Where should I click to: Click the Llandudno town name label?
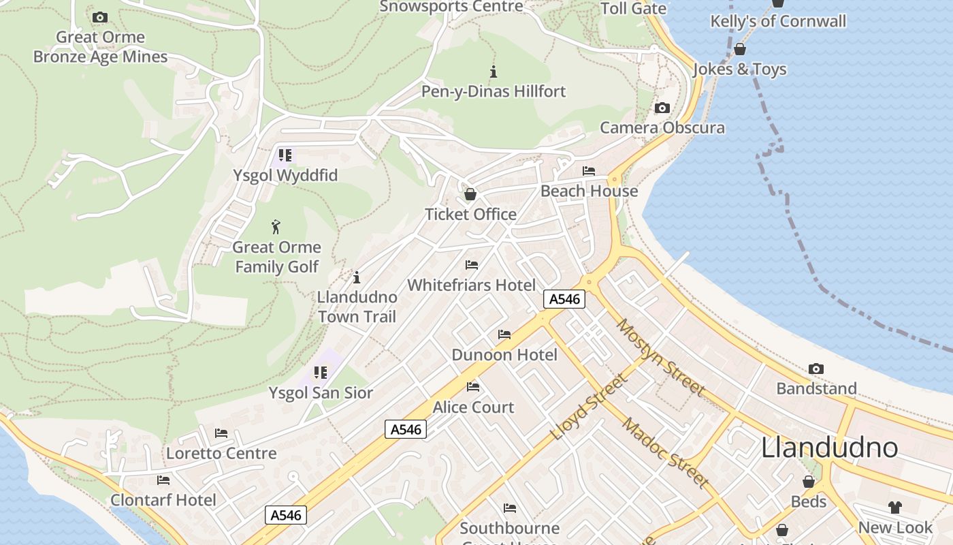(828, 448)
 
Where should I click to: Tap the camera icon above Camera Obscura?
(662, 108)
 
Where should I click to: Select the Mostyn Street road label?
(660, 356)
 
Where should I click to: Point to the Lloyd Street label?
(587, 407)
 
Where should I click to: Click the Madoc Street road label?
(666, 454)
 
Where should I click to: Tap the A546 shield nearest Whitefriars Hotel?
(564, 298)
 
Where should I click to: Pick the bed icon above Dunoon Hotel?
(504, 334)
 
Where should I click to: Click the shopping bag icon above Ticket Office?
(470, 194)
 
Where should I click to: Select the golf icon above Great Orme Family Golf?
(276, 226)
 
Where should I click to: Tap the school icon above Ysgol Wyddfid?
(285, 155)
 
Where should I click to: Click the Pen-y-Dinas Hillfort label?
(494, 91)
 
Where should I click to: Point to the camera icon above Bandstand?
(816, 369)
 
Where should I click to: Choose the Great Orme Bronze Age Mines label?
(100, 47)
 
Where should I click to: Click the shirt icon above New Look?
(894, 508)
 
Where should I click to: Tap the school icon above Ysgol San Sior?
(320, 373)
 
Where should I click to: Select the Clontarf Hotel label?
(163, 500)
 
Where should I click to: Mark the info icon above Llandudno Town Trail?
(356, 277)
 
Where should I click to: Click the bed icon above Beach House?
(589, 171)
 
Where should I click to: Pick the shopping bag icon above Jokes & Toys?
(739, 49)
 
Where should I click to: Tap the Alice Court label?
(473, 407)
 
